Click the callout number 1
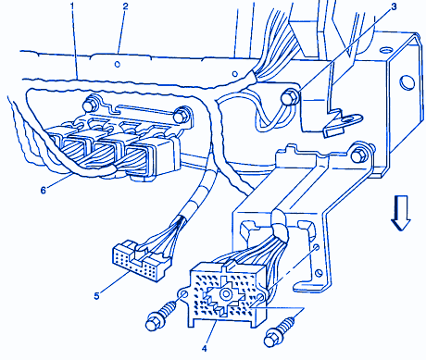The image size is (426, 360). (72, 6)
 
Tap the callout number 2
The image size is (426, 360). (125, 6)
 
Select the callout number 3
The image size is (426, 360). (394, 6)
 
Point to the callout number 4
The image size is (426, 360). (205, 349)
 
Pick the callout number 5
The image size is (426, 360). (97, 296)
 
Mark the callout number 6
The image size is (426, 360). (44, 190)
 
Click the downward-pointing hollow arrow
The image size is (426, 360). (401, 213)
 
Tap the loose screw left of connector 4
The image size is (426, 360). (161, 316)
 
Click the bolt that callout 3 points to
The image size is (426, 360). (290, 97)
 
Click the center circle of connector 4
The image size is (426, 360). (226, 294)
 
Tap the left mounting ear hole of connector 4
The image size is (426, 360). (182, 293)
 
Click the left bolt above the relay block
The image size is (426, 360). (90, 105)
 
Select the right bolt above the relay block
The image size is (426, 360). (180, 116)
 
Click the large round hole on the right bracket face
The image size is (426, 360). (407, 81)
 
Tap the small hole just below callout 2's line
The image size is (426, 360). (118, 64)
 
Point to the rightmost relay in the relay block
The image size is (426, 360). (152, 157)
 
